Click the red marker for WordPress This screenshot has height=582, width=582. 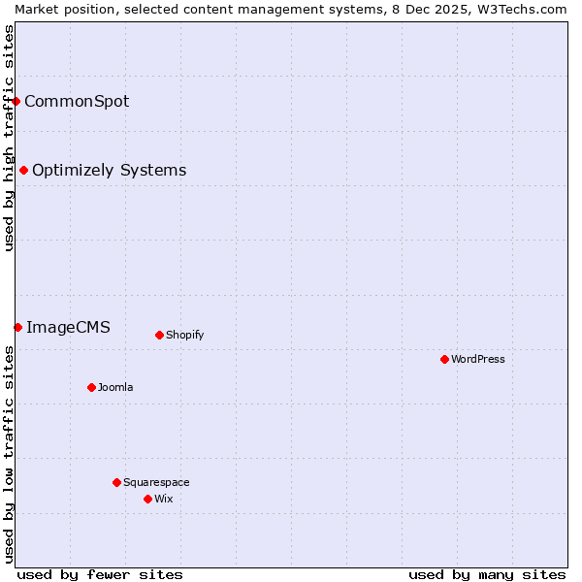(444, 359)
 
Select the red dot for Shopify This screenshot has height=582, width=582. (159, 335)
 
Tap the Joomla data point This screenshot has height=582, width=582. (91, 387)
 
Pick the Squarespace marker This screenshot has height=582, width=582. (116, 482)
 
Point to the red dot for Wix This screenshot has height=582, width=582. (147, 499)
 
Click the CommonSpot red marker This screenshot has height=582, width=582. (16, 101)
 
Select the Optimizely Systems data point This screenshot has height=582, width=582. (23, 171)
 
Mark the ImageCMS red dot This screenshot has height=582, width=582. (17, 327)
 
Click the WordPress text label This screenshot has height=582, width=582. (478, 359)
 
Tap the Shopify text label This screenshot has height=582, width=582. (184, 335)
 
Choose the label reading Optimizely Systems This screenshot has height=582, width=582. (109, 171)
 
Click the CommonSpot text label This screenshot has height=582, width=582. (77, 101)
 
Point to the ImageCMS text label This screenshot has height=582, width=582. (68, 327)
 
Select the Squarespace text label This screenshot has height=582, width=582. (156, 482)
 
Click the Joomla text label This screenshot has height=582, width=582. (115, 387)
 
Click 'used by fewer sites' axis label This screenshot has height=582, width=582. (100, 574)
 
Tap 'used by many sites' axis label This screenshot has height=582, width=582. (487, 574)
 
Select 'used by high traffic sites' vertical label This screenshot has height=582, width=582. (9, 138)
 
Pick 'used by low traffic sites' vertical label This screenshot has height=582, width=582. (9, 454)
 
